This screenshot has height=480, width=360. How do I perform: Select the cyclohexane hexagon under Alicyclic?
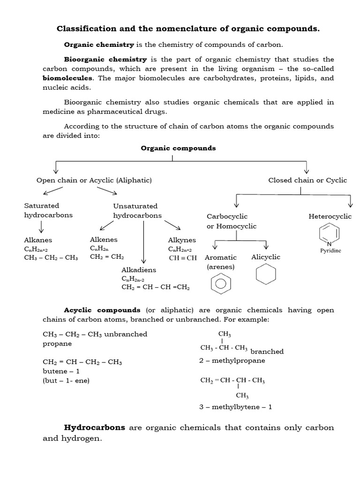coord(266,275)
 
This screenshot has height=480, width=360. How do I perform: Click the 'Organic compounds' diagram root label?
coord(178,148)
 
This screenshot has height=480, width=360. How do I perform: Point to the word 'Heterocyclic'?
coord(330,216)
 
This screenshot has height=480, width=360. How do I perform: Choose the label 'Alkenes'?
coord(104,240)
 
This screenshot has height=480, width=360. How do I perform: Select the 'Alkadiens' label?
coord(139,270)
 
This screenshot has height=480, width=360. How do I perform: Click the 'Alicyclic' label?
coord(266,257)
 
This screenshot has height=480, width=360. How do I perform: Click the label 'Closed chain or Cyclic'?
coord(307,180)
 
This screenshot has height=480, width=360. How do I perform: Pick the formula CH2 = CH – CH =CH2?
coord(156,287)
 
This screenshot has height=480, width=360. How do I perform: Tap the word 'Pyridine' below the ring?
coord(330,250)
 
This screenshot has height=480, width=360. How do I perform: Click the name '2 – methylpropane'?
coord(232,360)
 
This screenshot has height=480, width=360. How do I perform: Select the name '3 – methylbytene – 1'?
coord(235,407)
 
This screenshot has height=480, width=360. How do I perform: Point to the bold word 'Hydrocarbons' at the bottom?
coord(95,427)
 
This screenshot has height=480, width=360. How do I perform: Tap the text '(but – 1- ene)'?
coord(66,380)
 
